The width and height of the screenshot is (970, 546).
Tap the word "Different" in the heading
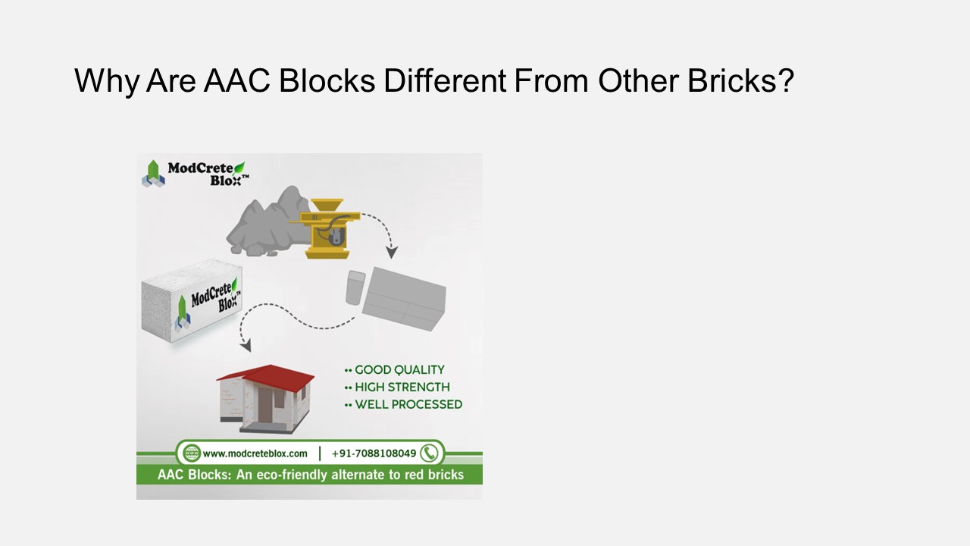click(x=445, y=80)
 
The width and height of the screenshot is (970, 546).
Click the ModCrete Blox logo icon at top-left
click(x=153, y=174)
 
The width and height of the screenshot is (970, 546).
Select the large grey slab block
click(x=403, y=299)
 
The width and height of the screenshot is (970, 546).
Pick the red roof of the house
click(x=265, y=377)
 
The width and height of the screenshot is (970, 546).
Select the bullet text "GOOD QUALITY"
click(x=399, y=370)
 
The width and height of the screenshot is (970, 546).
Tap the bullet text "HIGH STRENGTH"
click(x=402, y=388)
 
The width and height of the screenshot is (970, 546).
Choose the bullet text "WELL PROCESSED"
click(x=408, y=405)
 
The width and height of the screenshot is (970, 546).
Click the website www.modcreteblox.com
click(x=255, y=453)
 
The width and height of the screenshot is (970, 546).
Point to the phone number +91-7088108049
click(x=374, y=453)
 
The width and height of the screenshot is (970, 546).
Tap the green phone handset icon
click(x=430, y=453)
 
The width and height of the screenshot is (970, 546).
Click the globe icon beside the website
click(x=192, y=453)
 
